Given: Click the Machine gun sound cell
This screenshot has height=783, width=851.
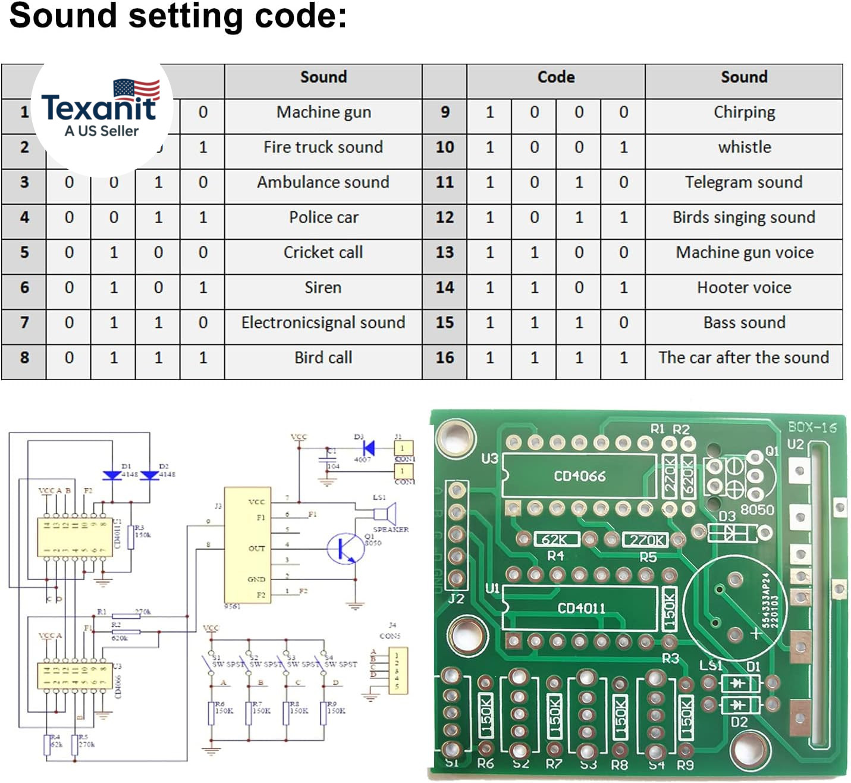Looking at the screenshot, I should [x=324, y=112].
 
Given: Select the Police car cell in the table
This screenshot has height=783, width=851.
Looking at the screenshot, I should [x=324, y=218].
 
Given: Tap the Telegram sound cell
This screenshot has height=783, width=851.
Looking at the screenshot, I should [x=743, y=183].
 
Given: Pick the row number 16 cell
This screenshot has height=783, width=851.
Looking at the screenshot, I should [x=444, y=358].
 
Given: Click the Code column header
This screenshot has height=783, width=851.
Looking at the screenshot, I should [x=555, y=77].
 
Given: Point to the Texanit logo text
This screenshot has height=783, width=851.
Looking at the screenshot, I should [x=99, y=108].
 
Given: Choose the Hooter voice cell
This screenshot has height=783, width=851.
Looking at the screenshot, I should [x=743, y=288].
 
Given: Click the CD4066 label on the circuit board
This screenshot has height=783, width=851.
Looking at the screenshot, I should [x=579, y=476].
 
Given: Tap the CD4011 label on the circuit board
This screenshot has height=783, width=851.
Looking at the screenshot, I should [x=581, y=608].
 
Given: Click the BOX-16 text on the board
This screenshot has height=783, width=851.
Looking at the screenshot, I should [x=812, y=427].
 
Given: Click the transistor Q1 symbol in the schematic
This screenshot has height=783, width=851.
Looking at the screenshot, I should [x=343, y=548].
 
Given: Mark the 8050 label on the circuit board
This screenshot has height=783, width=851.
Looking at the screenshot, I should [x=756, y=510].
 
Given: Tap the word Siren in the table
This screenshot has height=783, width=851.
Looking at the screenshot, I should [x=323, y=288].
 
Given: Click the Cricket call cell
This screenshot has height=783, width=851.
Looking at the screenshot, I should [x=323, y=253].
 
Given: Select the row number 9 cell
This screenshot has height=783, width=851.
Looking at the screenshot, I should [x=444, y=112].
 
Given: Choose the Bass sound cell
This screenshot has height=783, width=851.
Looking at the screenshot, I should [x=743, y=323].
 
